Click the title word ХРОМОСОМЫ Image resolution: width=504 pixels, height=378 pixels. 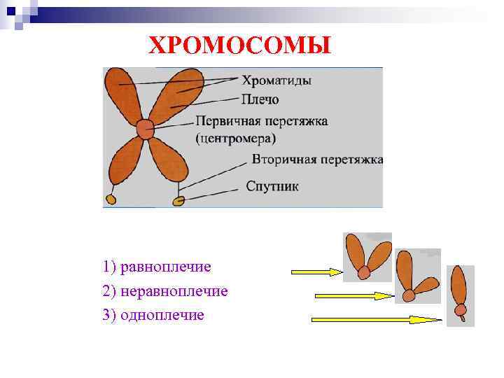tap(239, 45)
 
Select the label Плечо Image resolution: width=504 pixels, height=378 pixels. tap(260, 99)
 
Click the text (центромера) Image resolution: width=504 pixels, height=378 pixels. tap(236, 138)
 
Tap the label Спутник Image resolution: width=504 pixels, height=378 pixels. tap(272, 186)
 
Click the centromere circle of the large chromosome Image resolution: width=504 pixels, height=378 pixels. tap(145, 129)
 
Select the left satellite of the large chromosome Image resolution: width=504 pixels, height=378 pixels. tap(111, 200)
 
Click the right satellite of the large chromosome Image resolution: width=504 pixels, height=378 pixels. tap(179, 202)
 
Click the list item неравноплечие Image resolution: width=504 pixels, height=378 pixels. tap(174, 290)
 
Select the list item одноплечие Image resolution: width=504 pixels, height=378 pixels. tap(162, 315)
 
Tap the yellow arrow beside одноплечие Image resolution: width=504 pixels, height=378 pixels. tap(376, 320)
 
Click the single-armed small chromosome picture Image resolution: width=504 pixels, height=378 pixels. tap(460, 295)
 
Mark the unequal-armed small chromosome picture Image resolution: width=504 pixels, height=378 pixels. tap(416, 276)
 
